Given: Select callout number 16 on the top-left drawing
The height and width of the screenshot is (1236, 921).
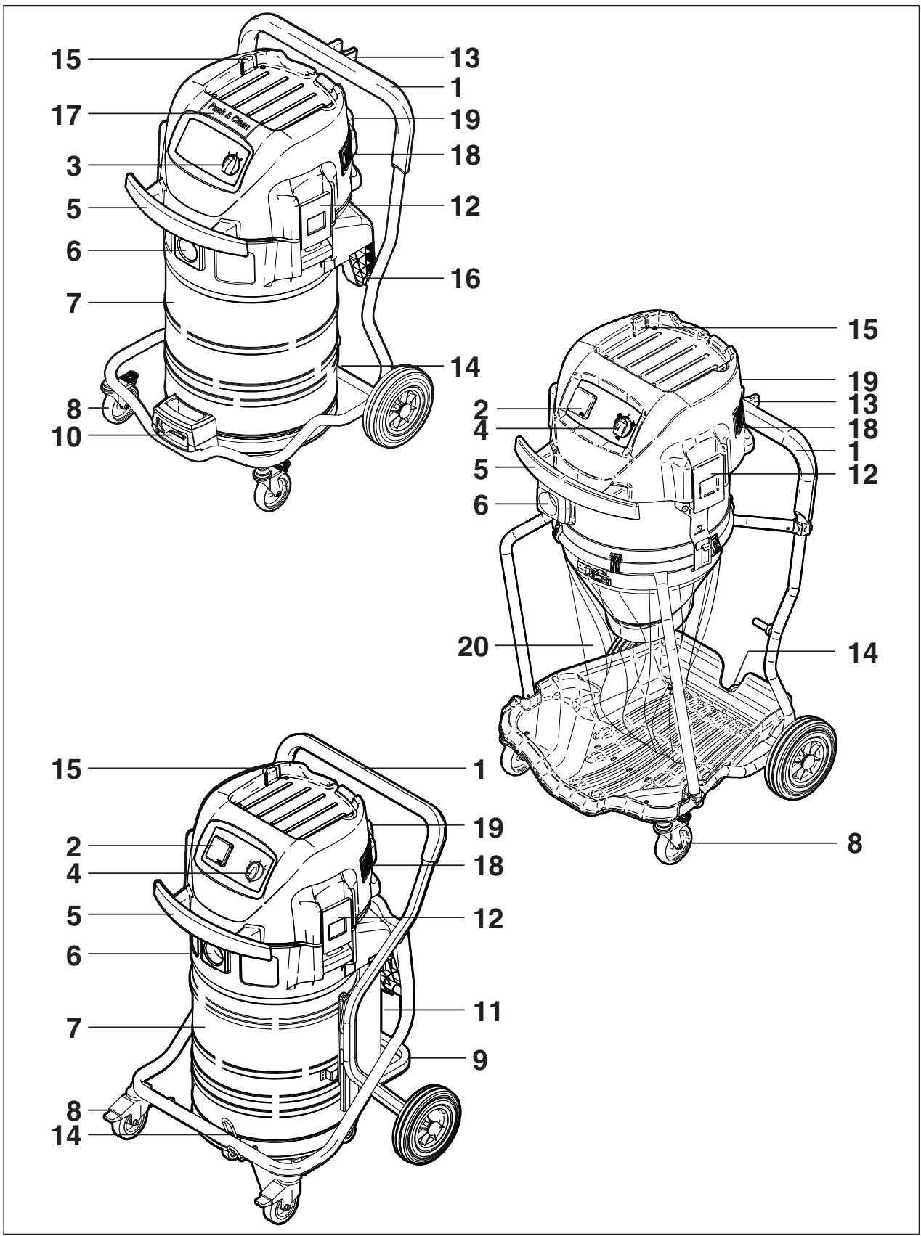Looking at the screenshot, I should (x=463, y=278).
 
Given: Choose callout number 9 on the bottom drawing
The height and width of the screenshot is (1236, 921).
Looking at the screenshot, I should (x=479, y=1059).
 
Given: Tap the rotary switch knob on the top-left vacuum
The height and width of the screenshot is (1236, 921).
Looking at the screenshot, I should (x=230, y=165).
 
